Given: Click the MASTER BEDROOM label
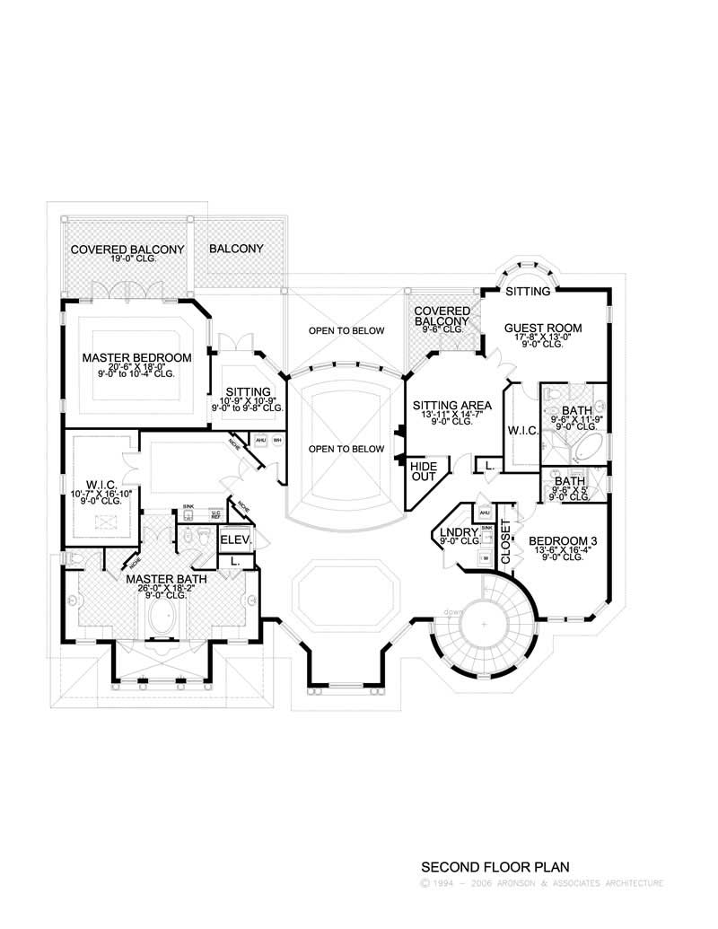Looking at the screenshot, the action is pos(136,357).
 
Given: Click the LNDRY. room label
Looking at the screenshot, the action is pos(456,533).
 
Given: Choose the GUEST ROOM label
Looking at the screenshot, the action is pos(542,329).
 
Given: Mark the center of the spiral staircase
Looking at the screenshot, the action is pos(483,624).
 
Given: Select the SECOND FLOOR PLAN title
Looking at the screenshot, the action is pos(495,868).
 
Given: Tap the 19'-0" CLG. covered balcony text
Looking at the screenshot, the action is pos(127,259).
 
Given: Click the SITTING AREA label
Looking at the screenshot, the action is pos(451,406).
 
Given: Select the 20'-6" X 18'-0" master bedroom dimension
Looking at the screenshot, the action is pos(136,367).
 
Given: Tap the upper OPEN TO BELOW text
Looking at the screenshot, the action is pos(346,330).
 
